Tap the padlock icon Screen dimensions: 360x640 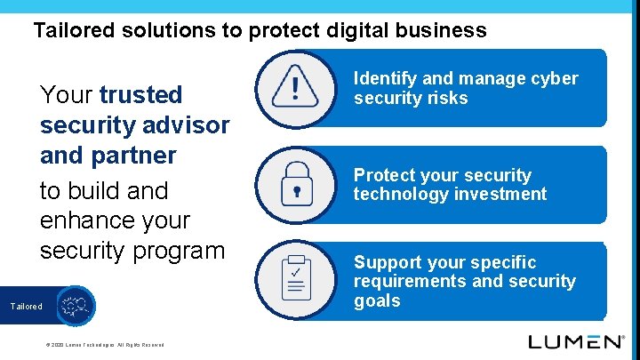(x=296, y=185)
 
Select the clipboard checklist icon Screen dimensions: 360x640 (x=296, y=278)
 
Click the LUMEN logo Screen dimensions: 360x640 (x=576, y=341)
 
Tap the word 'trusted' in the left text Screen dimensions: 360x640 (x=140, y=94)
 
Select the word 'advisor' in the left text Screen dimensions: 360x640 (x=181, y=125)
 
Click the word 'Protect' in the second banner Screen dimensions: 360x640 (x=384, y=175)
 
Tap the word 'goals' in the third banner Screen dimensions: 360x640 (x=377, y=300)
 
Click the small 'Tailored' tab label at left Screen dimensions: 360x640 (x=26, y=307)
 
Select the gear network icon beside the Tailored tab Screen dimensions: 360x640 (x=73, y=306)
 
